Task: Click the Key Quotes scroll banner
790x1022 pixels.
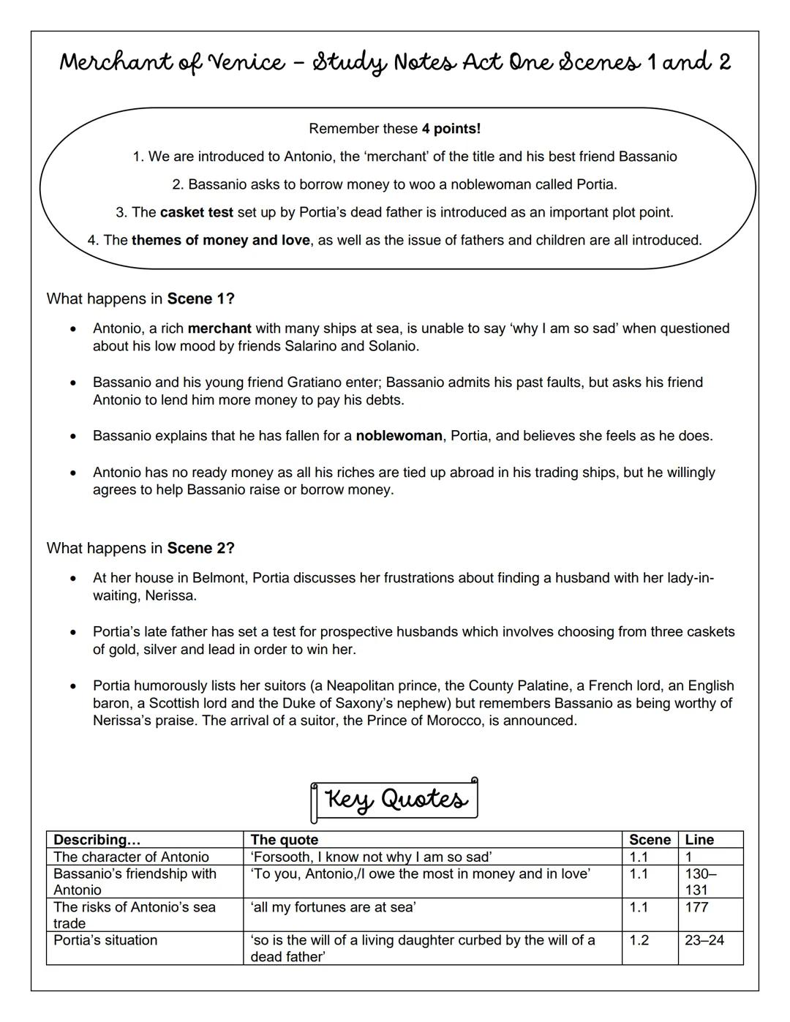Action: (x=395, y=800)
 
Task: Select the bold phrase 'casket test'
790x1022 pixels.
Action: (x=197, y=212)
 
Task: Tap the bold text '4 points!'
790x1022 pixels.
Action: (x=451, y=129)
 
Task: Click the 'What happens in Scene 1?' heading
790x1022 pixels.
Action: (x=140, y=298)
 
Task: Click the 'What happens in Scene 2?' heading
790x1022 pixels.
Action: (x=140, y=548)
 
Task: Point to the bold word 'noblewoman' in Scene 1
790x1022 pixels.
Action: (x=399, y=436)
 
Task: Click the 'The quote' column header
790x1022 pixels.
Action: (x=285, y=840)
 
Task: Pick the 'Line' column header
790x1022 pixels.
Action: (x=699, y=840)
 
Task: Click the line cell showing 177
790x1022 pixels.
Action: (x=696, y=907)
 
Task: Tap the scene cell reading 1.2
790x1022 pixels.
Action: (x=639, y=940)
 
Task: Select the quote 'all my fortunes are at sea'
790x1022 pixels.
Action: (x=334, y=907)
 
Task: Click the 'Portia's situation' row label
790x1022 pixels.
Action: (x=105, y=940)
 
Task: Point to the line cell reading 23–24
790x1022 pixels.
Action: (x=704, y=940)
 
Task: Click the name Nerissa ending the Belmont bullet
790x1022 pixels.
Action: (x=170, y=595)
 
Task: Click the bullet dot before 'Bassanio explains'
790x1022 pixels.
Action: (x=72, y=437)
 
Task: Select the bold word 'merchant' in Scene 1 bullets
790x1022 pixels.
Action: (x=219, y=328)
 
